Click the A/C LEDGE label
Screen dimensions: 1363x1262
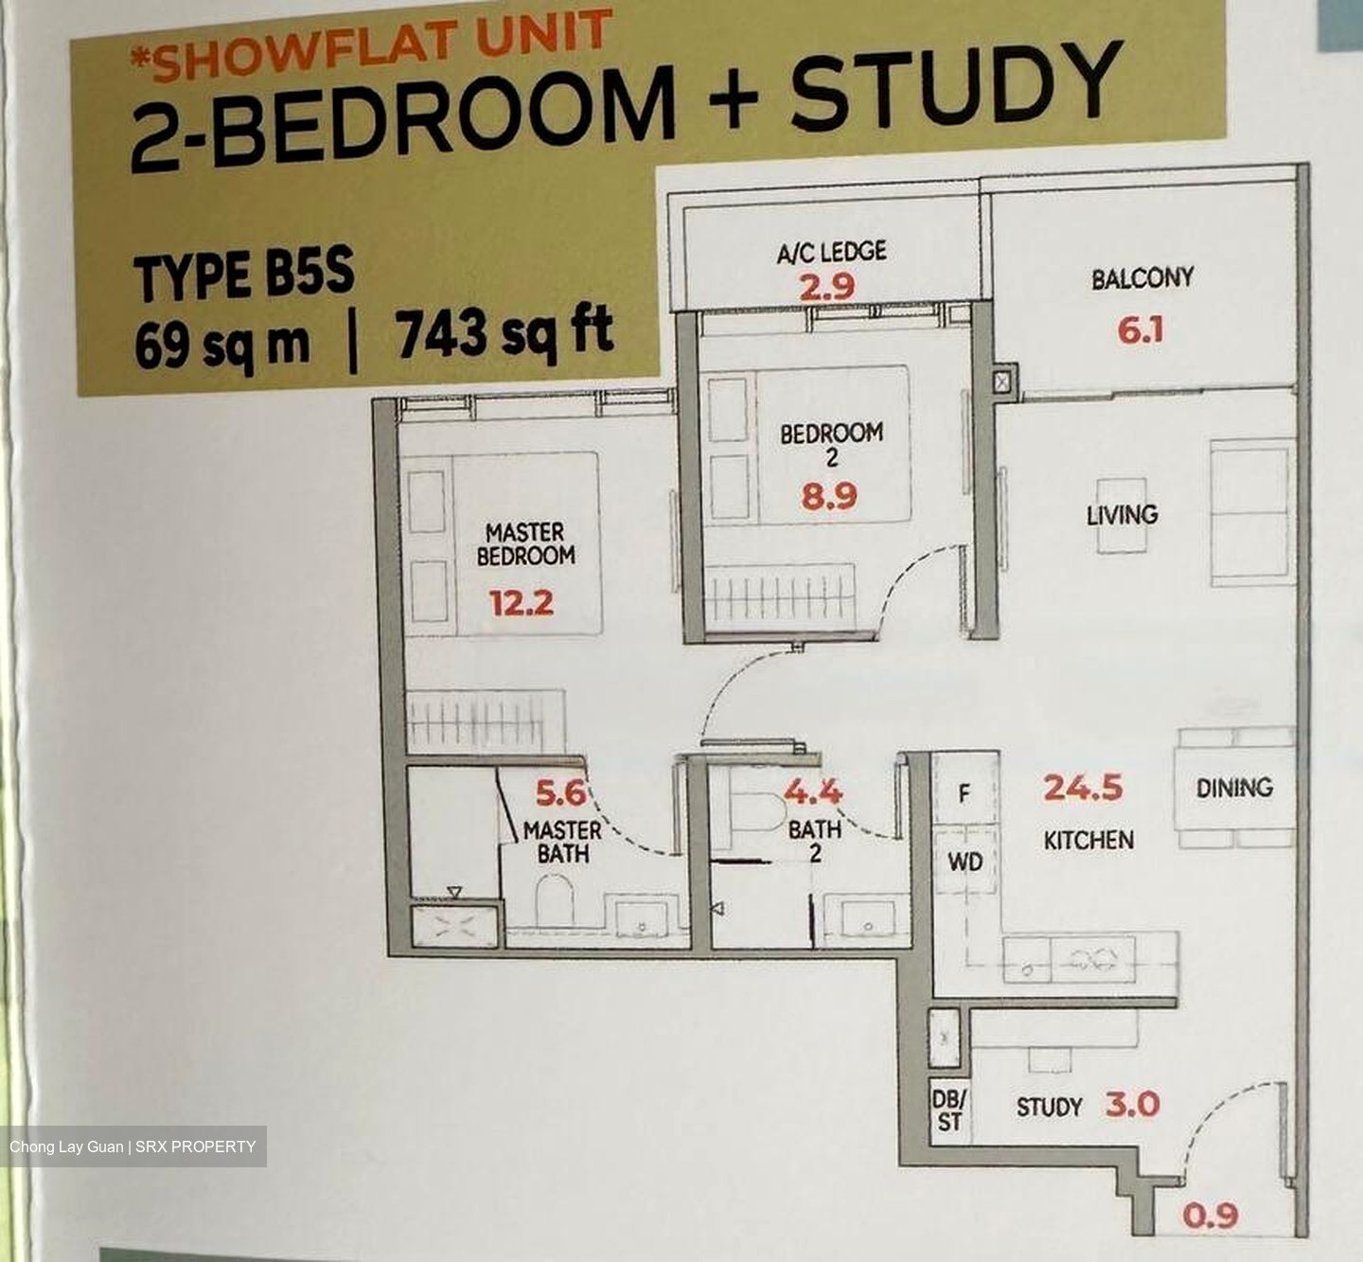(x=831, y=252)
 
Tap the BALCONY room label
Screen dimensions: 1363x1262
(x=1142, y=278)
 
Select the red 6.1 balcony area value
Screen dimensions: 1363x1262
(x=1140, y=331)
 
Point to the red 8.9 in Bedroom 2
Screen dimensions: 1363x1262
(x=829, y=496)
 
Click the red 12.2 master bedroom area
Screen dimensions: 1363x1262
(x=521, y=603)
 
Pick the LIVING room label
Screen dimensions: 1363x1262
(x=1122, y=514)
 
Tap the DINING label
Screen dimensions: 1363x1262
(x=1234, y=788)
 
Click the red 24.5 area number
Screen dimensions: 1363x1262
(x=1083, y=788)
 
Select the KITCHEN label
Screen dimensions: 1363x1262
(x=1089, y=841)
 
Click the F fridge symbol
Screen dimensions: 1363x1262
(x=964, y=793)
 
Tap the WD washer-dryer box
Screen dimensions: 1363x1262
(x=965, y=862)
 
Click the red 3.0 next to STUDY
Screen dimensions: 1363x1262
(x=1132, y=1104)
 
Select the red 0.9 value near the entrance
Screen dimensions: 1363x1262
(x=1211, y=1215)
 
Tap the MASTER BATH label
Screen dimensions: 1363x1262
(x=562, y=843)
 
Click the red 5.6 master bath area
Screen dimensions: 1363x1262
(x=560, y=793)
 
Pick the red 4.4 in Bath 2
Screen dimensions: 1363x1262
(x=812, y=792)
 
